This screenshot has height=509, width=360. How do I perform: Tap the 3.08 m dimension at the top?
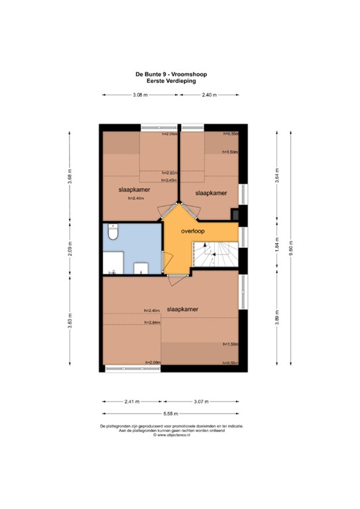[139, 95]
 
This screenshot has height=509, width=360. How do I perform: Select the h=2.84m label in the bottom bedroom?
[152, 323]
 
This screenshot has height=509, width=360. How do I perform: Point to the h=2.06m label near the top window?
[170, 134]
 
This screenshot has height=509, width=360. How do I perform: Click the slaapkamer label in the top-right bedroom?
[211, 193]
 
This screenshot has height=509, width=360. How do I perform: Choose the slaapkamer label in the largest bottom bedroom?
[184, 309]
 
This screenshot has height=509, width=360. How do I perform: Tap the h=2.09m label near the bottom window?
[152, 362]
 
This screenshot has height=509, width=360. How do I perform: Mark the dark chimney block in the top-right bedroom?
[235, 213]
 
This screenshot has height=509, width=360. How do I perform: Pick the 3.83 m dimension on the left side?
[68, 321]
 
